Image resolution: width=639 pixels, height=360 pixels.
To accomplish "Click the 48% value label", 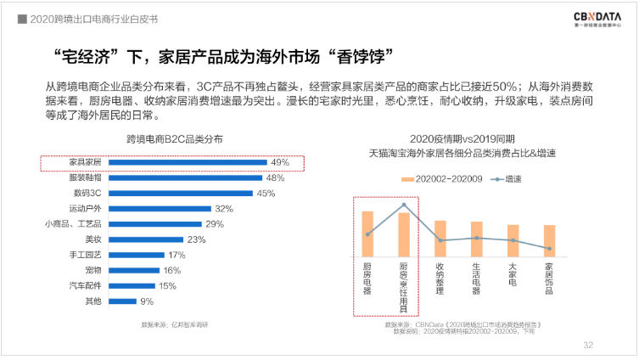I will point(275,177).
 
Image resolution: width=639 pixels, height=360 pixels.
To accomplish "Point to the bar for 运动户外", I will point(160,209).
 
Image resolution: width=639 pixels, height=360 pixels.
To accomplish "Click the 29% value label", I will point(214,224).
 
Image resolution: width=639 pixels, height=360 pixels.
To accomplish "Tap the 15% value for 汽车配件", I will point(168,285).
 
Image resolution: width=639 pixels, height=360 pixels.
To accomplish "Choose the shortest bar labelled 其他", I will point(123,301).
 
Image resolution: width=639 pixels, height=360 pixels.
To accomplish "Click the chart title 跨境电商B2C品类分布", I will point(174,139).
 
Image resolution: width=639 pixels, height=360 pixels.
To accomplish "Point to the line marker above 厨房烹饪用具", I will point(404,205).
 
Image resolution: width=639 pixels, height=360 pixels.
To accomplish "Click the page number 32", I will point(587,345).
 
